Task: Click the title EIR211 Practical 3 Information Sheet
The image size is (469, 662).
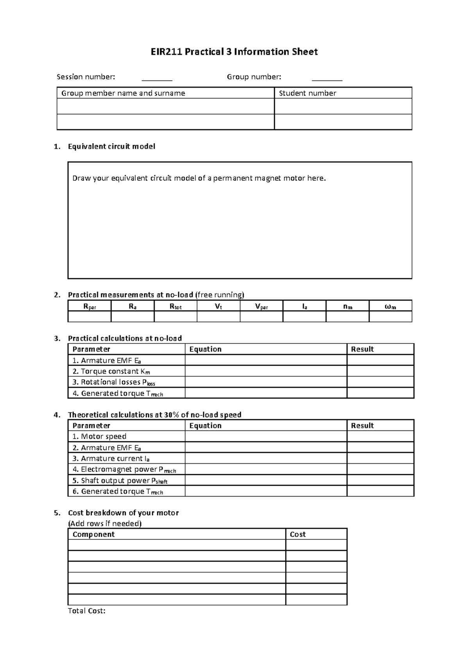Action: [x=234, y=52]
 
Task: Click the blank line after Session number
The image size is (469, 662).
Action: [x=157, y=78]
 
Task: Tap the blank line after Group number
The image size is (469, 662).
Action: [x=327, y=78]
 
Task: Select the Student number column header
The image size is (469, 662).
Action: [x=307, y=93]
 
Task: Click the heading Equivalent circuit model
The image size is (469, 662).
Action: [x=111, y=146]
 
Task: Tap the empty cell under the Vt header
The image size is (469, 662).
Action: [x=218, y=317]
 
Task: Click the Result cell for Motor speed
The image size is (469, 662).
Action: [x=380, y=436]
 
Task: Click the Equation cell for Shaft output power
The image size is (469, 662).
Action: [x=266, y=480]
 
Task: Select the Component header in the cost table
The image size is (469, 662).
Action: [x=93, y=534]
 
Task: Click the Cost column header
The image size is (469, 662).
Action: [x=297, y=534]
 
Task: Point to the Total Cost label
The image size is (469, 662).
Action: [x=87, y=611]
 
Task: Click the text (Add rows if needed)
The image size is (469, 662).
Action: [x=105, y=523]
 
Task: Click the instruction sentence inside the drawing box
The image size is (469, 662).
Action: [x=199, y=178]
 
